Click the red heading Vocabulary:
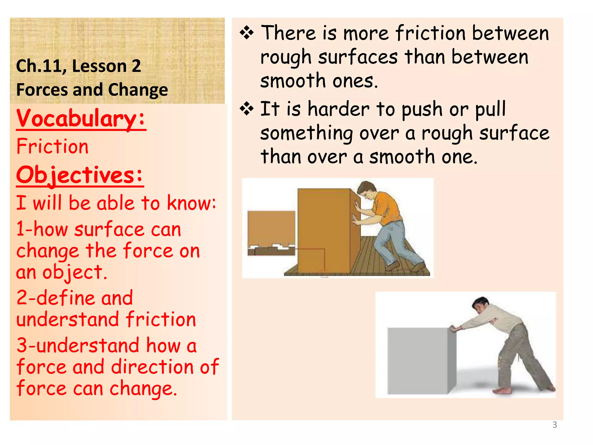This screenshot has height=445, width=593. pyautogui.click(x=81, y=118)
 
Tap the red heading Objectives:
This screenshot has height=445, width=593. pyautogui.click(x=80, y=175)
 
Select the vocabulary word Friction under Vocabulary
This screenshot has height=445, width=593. pyautogui.click(x=52, y=146)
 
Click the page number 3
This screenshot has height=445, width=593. pyautogui.click(x=554, y=425)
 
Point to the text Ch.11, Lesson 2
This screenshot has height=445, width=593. pyautogui.click(x=78, y=66)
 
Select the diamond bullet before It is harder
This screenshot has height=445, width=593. pyautogui.click(x=247, y=109)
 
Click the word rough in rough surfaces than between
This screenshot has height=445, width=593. pyautogui.click(x=286, y=57)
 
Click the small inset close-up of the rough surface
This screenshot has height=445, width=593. pyautogui.click(x=271, y=233)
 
